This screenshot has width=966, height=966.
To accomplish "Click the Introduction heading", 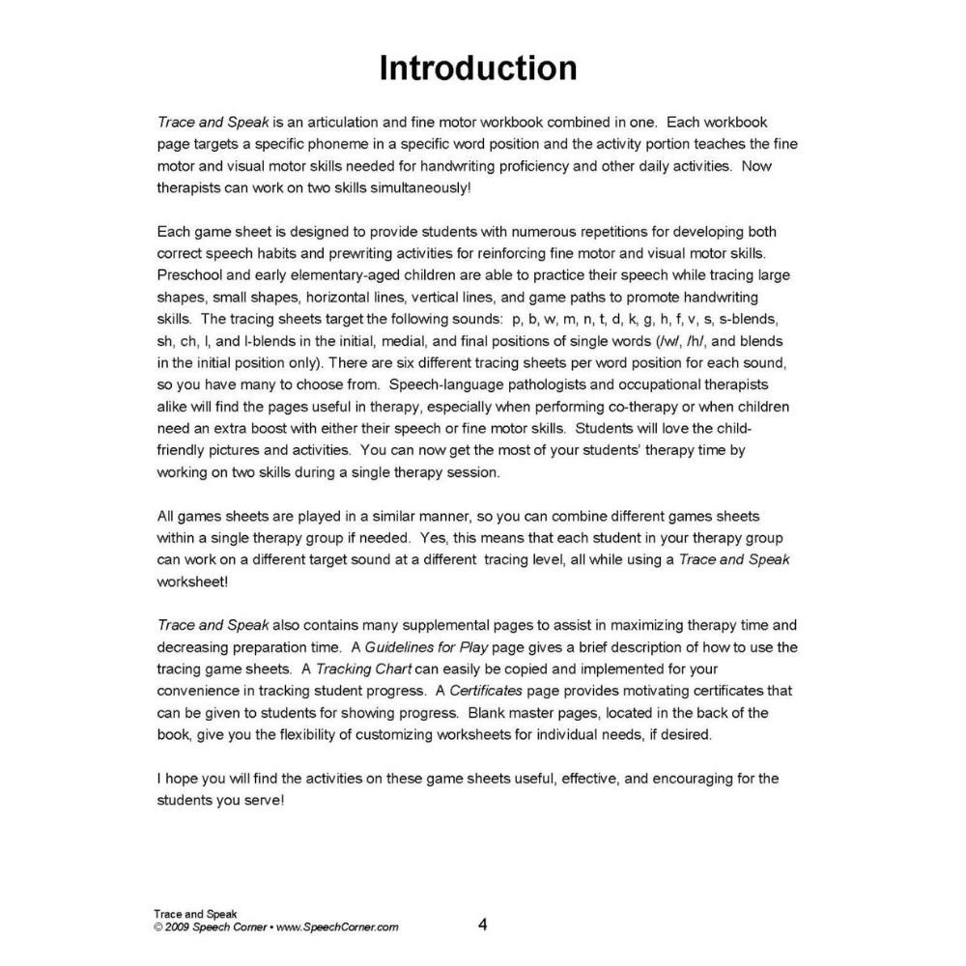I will [x=478, y=69].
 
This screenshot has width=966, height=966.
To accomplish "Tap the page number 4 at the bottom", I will [x=482, y=924].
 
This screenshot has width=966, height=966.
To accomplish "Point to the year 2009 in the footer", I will [x=177, y=927].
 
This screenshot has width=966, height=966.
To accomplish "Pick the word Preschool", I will [x=189, y=274].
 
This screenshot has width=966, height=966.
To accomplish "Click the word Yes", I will [x=437, y=537].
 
